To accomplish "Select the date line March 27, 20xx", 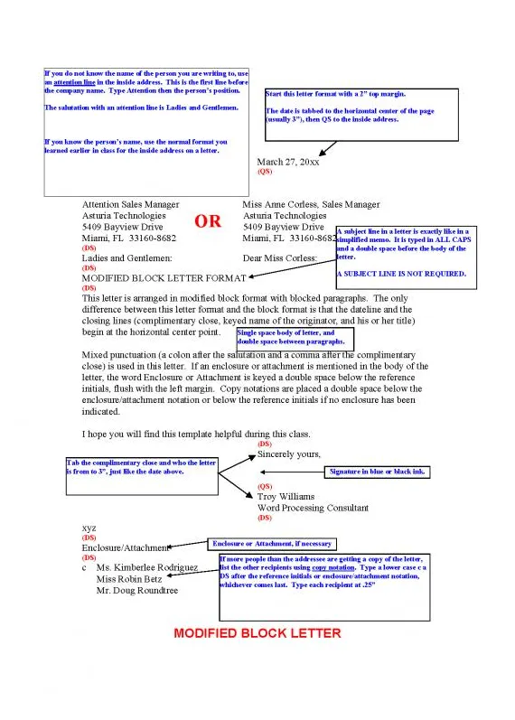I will [x=288, y=162].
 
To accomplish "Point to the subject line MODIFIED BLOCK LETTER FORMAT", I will [x=164, y=278].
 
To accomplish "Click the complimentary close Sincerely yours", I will [x=289, y=454].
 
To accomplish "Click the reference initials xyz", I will [x=89, y=528].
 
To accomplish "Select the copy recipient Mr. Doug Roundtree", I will [x=137, y=591].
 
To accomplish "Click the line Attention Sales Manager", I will [x=130, y=205].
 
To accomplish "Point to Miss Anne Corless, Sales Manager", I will [x=311, y=205].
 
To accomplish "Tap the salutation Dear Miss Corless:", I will [x=280, y=258].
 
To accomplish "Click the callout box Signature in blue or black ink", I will [x=376, y=472].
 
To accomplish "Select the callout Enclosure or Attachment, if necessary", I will [x=271, y=544].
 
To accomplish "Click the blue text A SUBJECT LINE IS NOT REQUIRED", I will [x=401, y=273].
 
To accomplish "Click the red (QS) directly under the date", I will [x=265, y=171].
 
